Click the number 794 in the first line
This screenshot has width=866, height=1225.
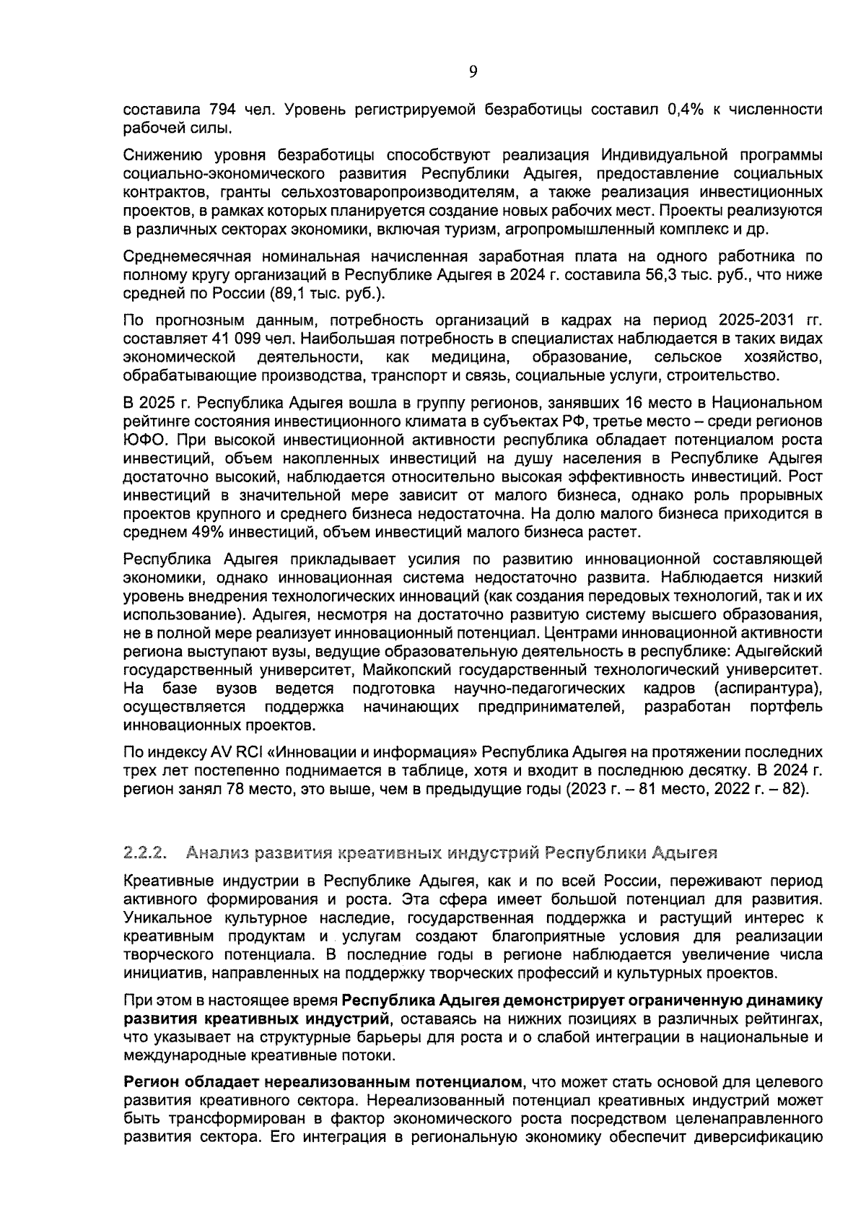pyautogui.click(x=222, y=110)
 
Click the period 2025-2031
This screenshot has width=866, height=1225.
pyautogui.click(x=759, y=320)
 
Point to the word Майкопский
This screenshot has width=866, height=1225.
pyautogui.click(x=404, y=670)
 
